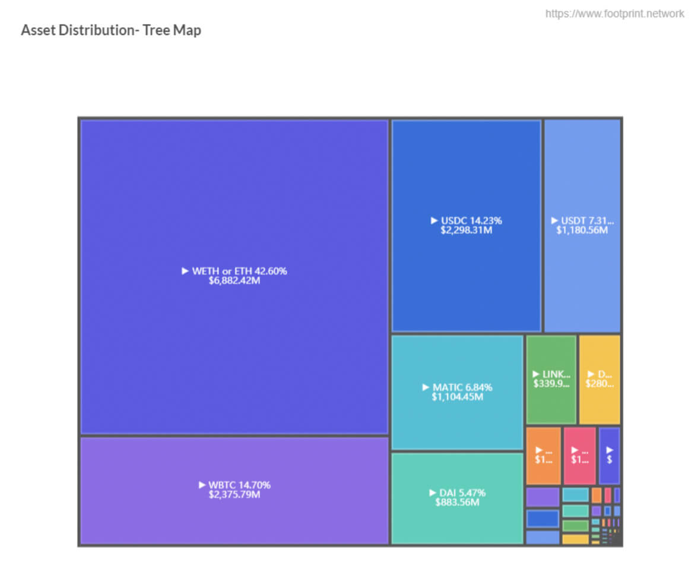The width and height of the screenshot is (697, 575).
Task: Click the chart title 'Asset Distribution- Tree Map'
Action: point(111,30)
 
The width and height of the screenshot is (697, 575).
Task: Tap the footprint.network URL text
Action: point(614,13)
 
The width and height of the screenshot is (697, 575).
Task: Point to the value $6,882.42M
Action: point(235,280)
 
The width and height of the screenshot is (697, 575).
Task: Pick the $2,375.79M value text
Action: point(235,494)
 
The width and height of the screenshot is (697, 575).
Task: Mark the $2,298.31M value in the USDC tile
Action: point(467,230)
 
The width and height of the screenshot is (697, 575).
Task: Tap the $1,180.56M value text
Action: point(582,230)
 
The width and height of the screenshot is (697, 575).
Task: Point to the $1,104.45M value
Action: point(458,397)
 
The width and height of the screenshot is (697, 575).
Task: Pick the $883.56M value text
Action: point(458,503)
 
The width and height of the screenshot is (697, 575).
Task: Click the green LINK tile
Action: point(552,379)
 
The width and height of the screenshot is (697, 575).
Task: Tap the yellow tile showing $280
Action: point(600,379)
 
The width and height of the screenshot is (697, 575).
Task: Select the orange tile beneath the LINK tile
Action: point(543,455)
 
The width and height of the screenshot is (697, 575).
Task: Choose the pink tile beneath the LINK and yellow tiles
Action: point(579,455)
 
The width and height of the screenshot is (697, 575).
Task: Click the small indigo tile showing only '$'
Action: point(609,455)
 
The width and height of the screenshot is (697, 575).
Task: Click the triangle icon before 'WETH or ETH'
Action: point(185,271)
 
